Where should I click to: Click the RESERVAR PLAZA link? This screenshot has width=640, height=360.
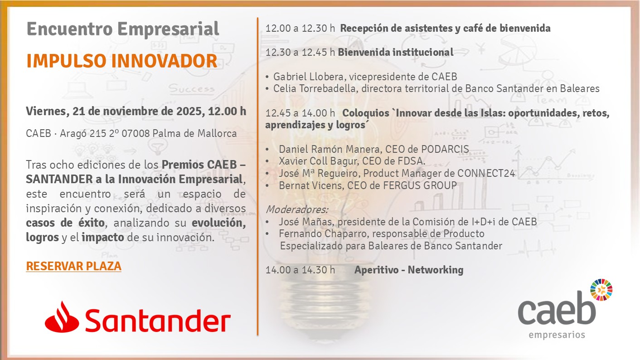[74, 266]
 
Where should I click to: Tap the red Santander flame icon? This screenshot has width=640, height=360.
[62, 317]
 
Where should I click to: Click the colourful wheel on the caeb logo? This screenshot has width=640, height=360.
[601, 290]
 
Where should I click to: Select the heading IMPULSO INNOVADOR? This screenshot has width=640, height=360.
[122, 61]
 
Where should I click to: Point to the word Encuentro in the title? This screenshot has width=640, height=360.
[70, 29]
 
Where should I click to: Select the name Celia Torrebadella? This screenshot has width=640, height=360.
[315, 88]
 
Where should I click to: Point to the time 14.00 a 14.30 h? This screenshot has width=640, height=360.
[301, 270]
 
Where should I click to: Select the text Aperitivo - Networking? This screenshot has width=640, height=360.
[409, 270]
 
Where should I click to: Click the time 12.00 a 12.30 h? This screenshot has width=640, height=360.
[301, 28]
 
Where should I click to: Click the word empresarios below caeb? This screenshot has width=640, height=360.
[557, 335]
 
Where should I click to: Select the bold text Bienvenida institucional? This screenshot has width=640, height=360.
[396, 52]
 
